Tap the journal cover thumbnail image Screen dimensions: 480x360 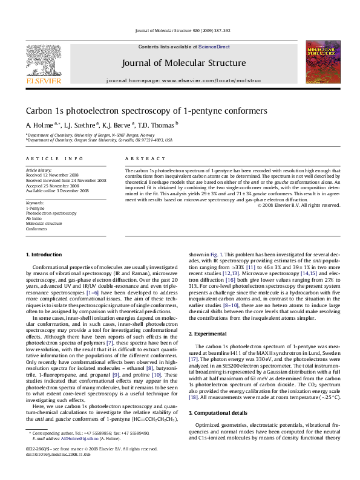point(321,63)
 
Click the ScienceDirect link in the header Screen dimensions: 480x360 point(211,47)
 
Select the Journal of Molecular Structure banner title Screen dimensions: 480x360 point(184,63)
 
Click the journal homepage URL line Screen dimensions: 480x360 point(184,80)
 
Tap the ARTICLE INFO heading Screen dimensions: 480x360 point(55,158)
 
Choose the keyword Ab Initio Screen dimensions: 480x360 point(35,218)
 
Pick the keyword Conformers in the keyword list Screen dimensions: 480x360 point(37,229)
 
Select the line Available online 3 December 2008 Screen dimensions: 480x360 point(57,190)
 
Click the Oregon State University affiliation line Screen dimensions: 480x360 point(100,140)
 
